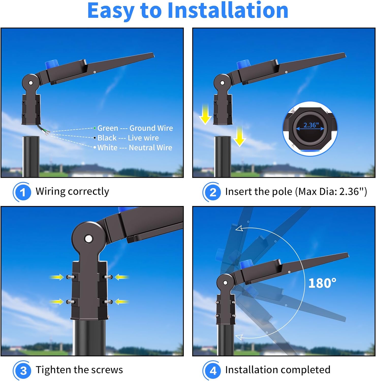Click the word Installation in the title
[x=228, y=10]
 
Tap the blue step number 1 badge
[x=22, y=192]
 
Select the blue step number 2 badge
[x=212, y=192]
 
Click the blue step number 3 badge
[x=22, y=370]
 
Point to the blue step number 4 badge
[x=212, y=370]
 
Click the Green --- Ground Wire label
[x=135, y=128]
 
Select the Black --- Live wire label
[x=128, y=138]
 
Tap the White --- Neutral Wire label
[x=135, y=148]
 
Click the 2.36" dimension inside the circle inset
[x=311, y=125]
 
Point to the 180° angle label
[x=322, y=283]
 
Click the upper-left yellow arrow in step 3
[x=56, y=277]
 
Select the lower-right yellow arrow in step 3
[x=121, y=302]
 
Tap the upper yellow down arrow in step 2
[x=205, y=114]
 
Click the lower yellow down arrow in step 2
[x=239, y=136]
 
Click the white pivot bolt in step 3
[x=89, y=239]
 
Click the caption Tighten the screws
[x=79, y=370]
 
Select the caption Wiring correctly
[x=72, y=192]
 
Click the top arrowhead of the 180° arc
[x=239, y=229]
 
